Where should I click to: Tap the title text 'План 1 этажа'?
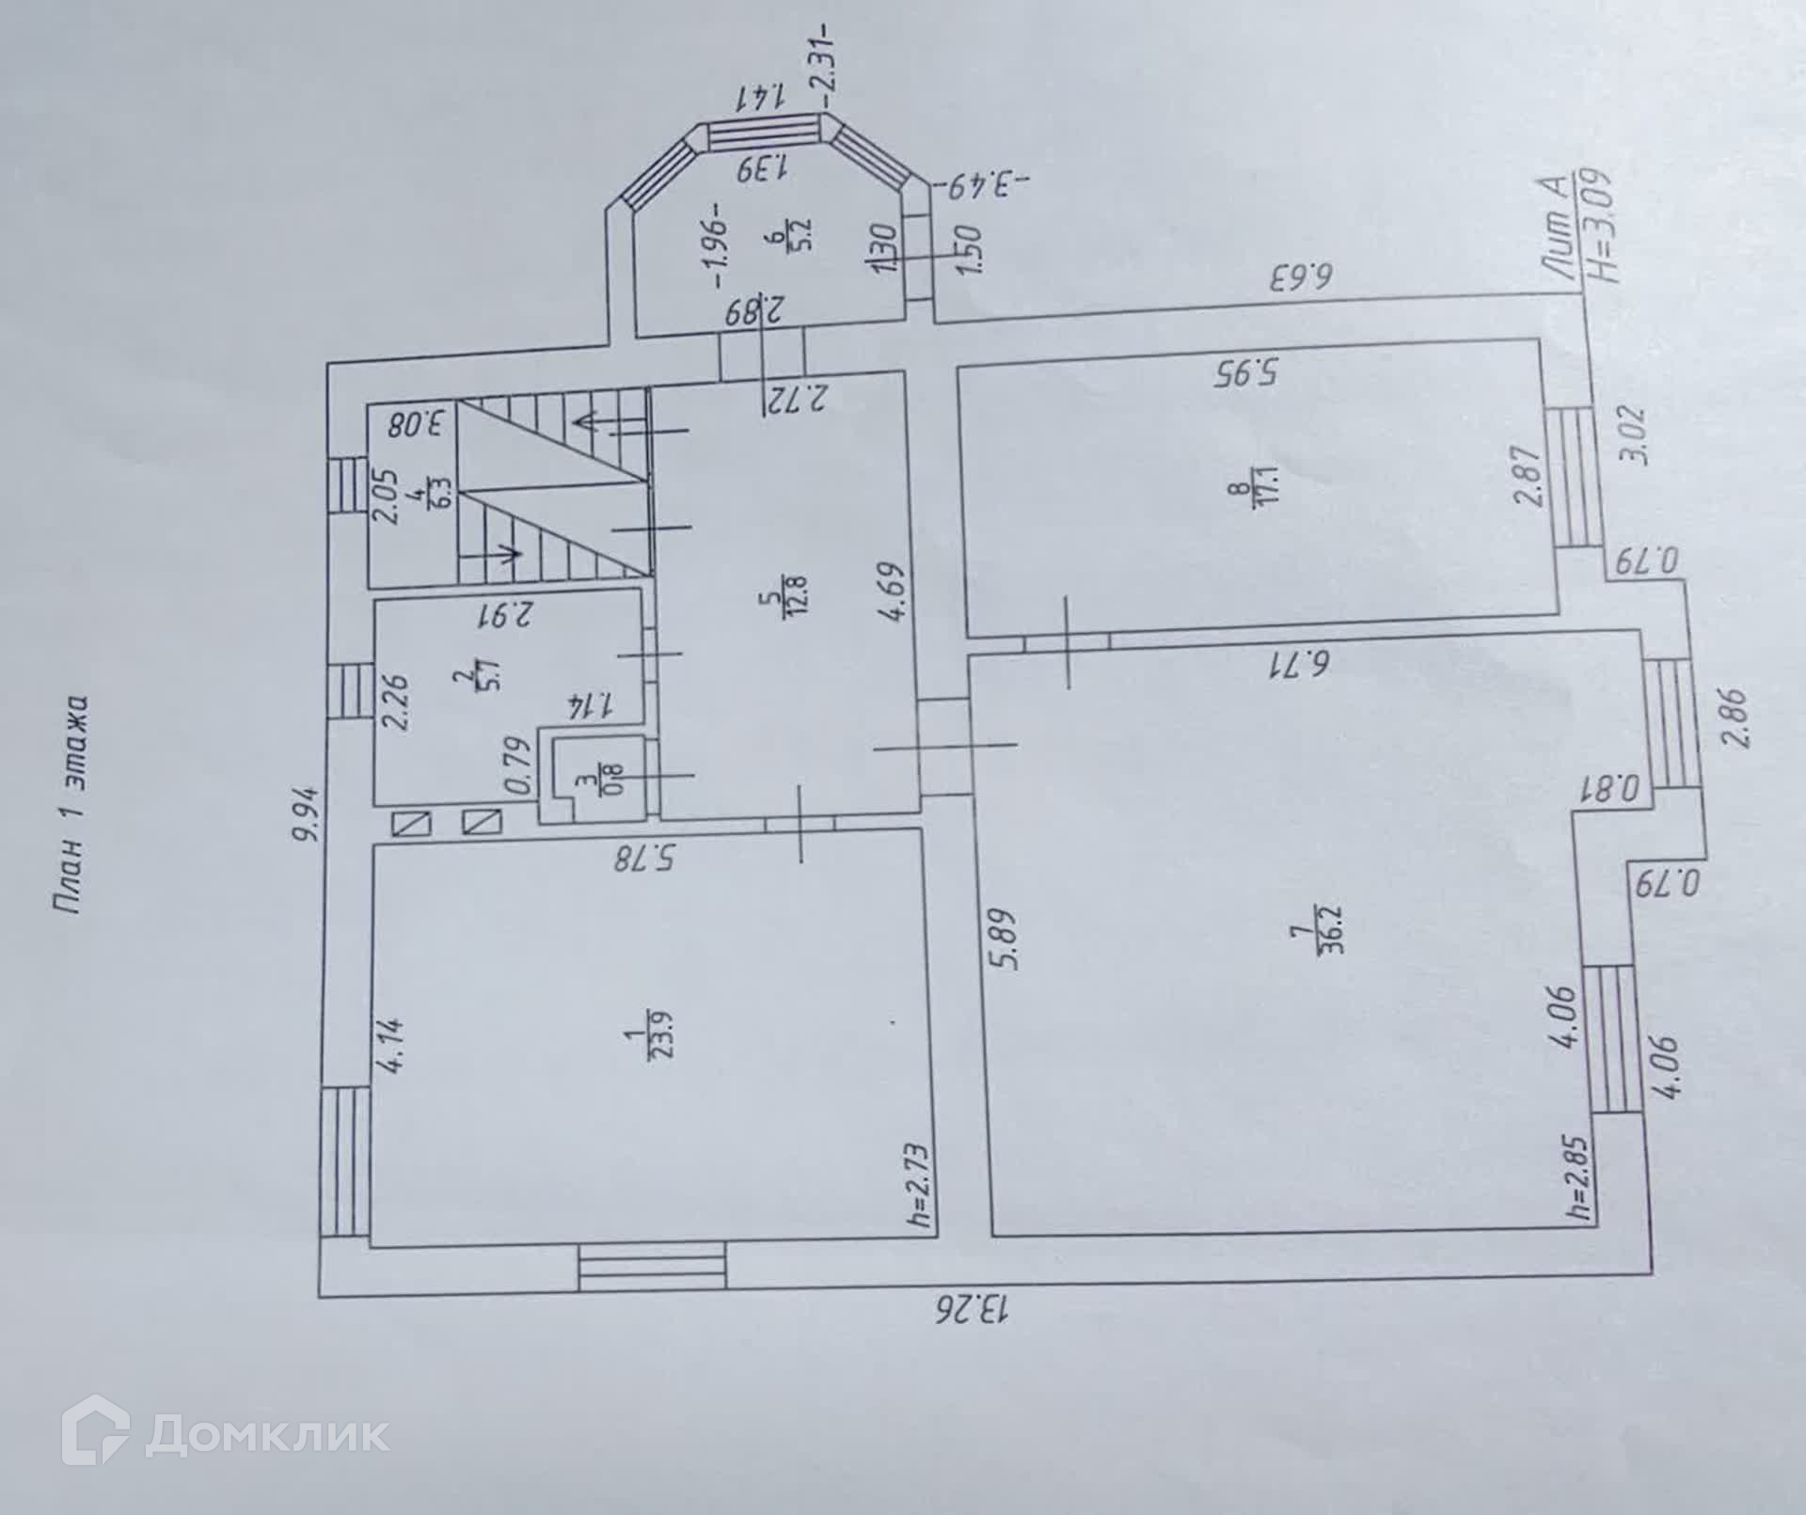(71, 803)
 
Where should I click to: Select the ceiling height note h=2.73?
(920, 1186)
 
